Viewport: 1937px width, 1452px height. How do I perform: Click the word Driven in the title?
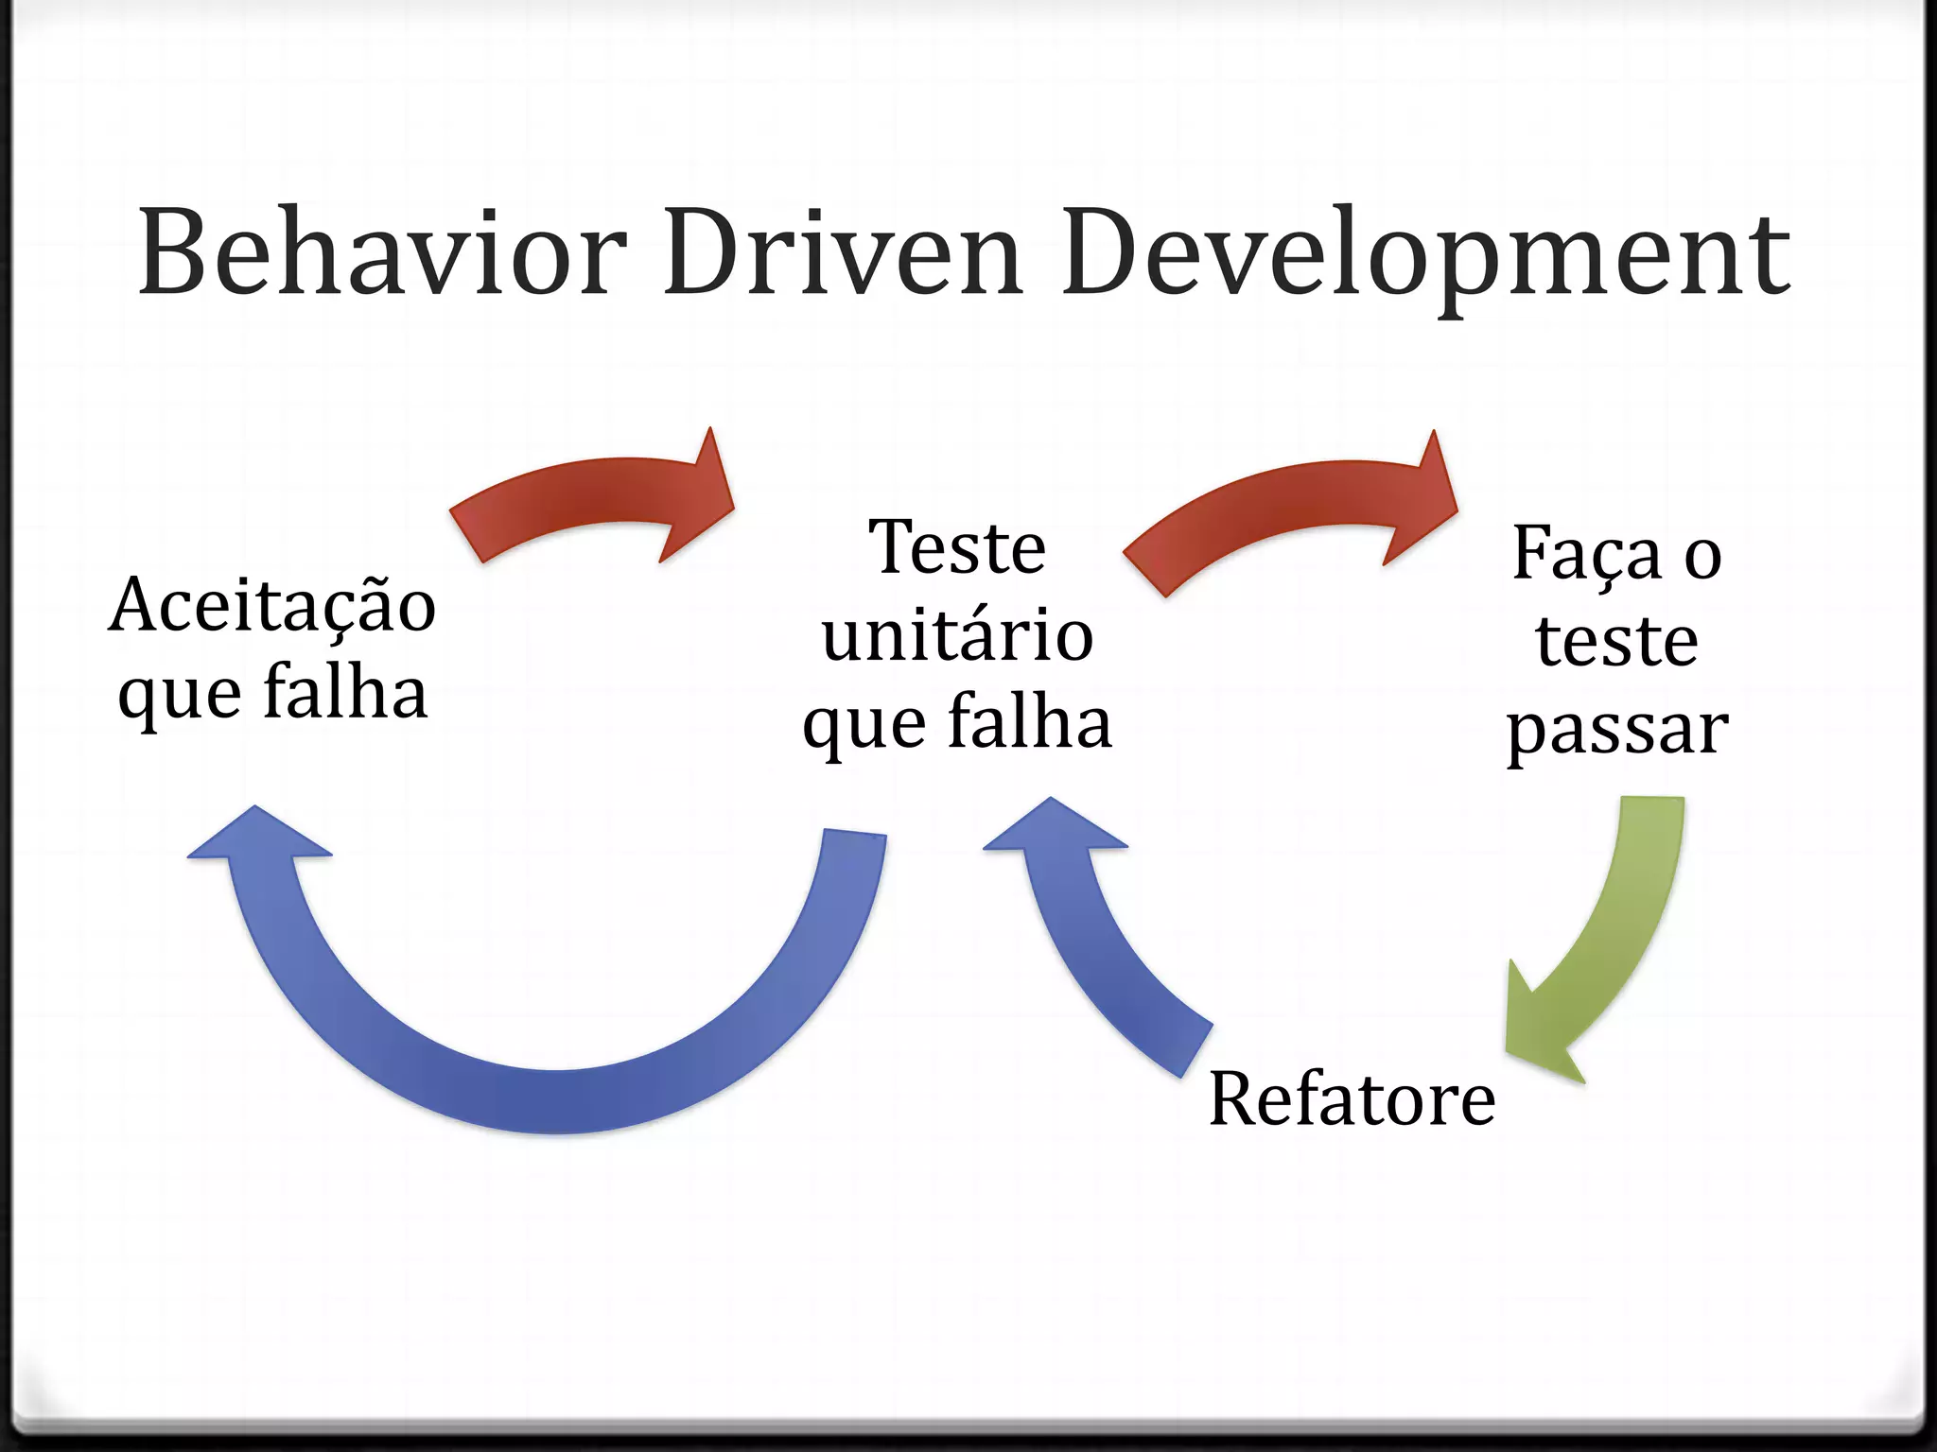[x=843, y=253]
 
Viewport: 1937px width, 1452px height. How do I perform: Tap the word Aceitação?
[x=272, y=606]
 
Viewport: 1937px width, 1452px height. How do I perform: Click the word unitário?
[x=957, y=635]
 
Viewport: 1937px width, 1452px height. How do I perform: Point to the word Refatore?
[x=1352, y=1099]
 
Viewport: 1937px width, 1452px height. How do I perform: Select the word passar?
[x=1617, y=731]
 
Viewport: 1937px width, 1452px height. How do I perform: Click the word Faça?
[x=1587, y=554]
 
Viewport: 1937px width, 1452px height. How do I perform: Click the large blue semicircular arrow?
[x=558, y=1087]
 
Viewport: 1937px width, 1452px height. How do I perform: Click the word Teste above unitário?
[x=957, y=547]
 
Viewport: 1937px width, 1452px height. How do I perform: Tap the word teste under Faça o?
[x=1617, y=642]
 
